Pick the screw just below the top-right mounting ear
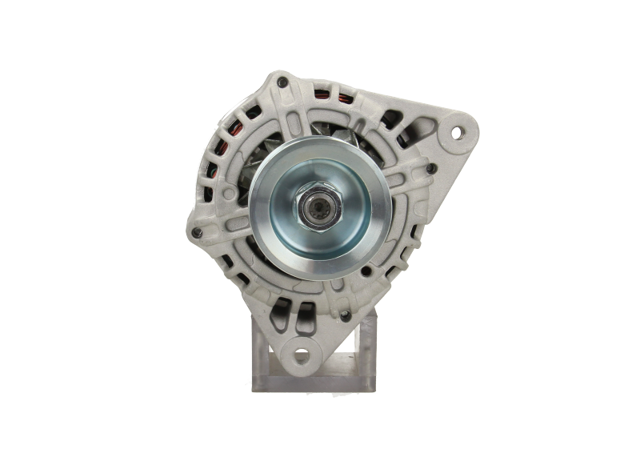coord(432,167)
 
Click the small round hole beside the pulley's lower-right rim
coord(366,271)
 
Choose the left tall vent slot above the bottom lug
coord(282,319)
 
